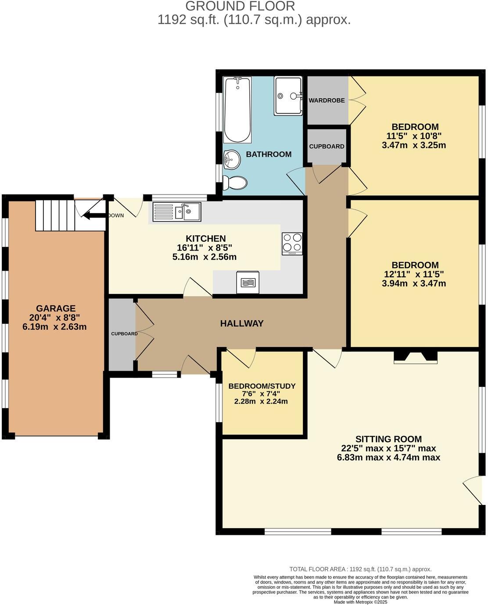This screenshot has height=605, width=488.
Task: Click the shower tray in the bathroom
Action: tap(288, 96)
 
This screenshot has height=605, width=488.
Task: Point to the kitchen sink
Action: tap(177, 212)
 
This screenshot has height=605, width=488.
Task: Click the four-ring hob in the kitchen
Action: tap(292, 243)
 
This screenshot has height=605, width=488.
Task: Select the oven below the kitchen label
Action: tap(248, 283)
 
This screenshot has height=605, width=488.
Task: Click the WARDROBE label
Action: tap(327, 100)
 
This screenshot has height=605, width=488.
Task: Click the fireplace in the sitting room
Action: tap(416, 357)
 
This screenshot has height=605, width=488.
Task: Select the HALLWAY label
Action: tap(242, 323)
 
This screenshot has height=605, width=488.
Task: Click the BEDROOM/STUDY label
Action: tap(262, 386)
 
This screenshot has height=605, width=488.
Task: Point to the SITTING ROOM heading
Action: tap(388, 439)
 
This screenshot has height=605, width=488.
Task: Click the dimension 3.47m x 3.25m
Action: tap(414, 145)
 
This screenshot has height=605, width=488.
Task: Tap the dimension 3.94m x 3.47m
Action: tap(414, 283)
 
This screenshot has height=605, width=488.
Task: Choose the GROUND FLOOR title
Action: tap(240, 6)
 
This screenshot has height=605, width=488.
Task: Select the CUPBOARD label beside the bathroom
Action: tap(327, 147)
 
